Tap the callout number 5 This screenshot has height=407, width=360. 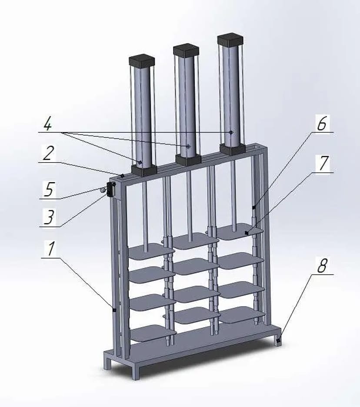point(49,189)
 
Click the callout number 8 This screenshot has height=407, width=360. point(322,265)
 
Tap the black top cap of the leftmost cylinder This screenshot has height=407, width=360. point(142,61)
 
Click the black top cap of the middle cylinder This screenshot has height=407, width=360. point(186,50)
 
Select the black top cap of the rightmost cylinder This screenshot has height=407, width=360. point(230,40)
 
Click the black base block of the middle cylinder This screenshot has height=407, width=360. point(188,160)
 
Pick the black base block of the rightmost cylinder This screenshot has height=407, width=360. point(233,150)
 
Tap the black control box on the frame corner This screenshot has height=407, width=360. point(112,189)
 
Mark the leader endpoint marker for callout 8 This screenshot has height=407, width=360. point(279,340)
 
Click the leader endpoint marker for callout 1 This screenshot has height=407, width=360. point(114,310)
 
